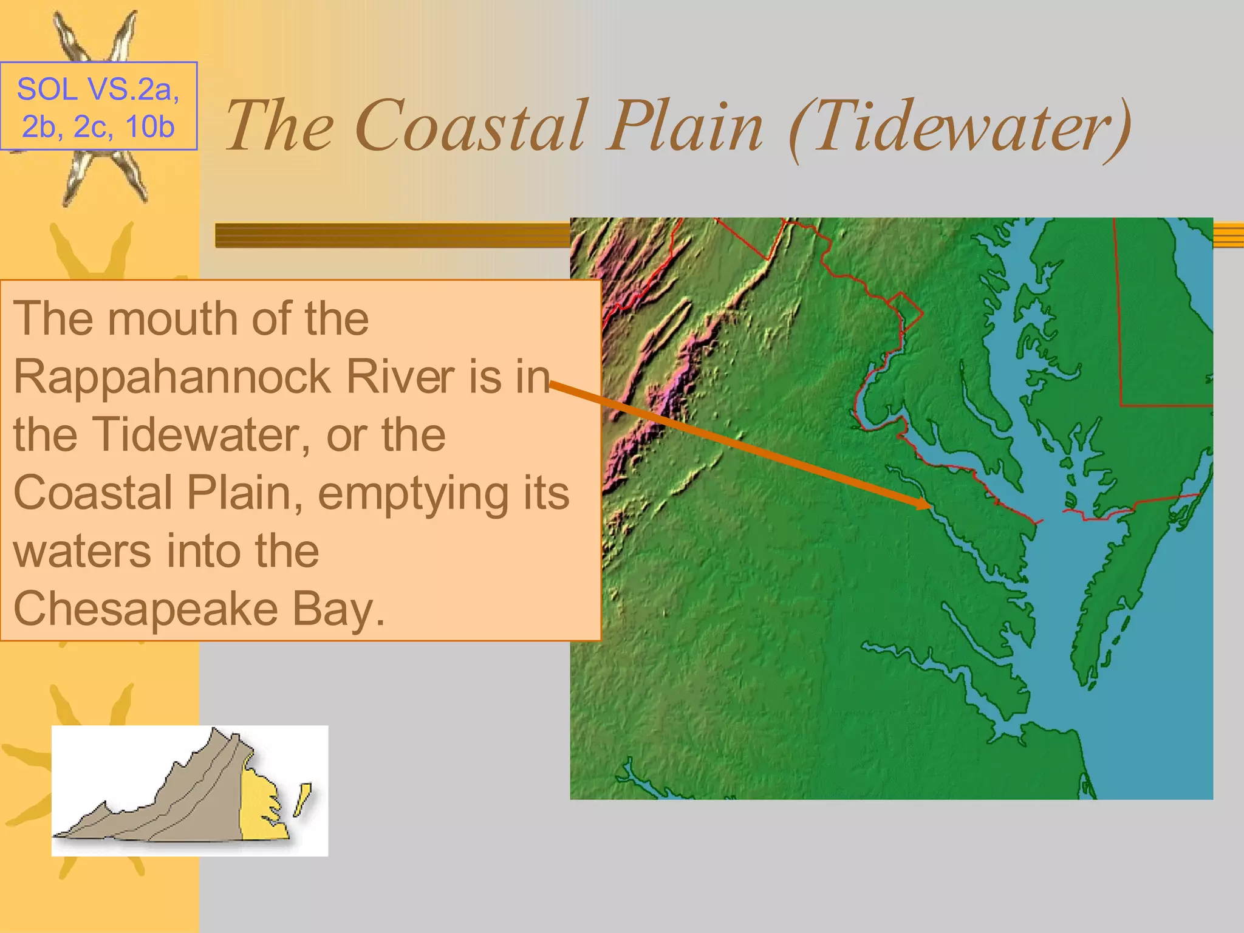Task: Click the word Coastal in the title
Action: click(x=471, y=126)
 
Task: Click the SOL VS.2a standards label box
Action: click(x=98, y=106)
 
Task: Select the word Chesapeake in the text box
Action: click(x=146, y=609)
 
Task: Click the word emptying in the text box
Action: click(x=414, y=493)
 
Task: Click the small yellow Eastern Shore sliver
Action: click(x=302, y=799)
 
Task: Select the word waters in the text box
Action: click(x=83, y=552)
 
